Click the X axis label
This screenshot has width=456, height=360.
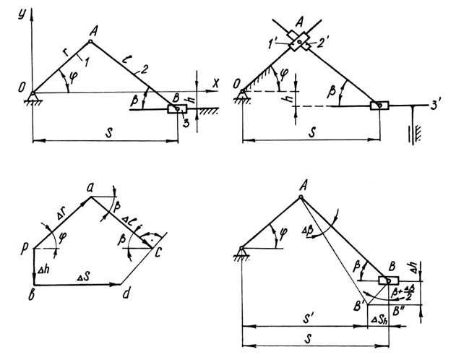pyautogui.click(x=215, y=84)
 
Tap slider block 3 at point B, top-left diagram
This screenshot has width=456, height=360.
pyautogui.click(x=177, y=109)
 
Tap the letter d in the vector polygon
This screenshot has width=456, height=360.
pyautogui.click(x=126, y=293)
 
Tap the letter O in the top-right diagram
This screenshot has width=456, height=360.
pyautogui.click(x=237, y=87)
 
